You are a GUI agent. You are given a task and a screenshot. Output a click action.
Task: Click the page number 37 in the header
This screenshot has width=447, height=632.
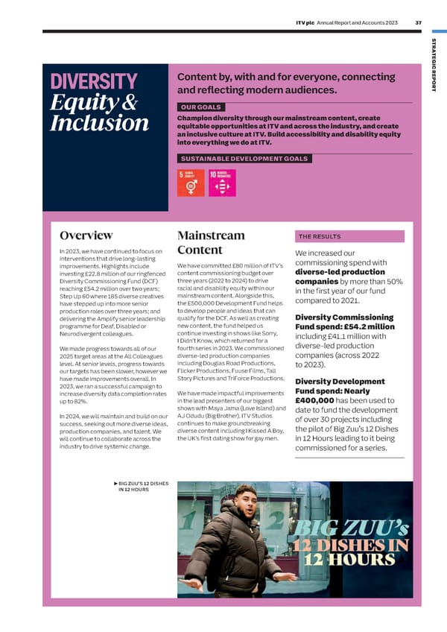click(418, 22)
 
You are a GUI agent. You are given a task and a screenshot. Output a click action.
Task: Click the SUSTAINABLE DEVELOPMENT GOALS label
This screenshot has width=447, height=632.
click(244, 158)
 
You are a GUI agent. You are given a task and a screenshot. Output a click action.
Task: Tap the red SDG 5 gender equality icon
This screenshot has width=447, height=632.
click(190, 183)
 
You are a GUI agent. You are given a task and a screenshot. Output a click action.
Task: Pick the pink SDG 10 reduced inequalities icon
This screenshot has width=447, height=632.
click(221, 183)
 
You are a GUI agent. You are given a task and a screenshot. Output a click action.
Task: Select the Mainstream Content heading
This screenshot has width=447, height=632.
click(211, 243)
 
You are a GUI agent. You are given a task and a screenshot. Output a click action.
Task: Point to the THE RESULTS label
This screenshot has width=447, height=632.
click(320, 236)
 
